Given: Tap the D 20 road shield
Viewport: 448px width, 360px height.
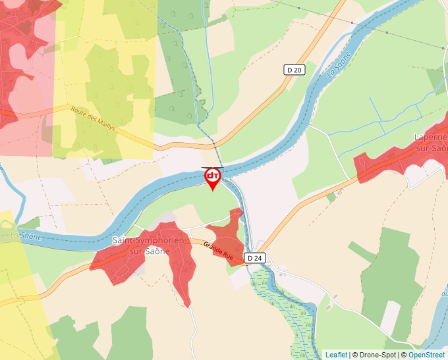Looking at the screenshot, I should tap(294, 70).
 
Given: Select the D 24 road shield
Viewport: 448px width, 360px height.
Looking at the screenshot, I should tap(255, 258).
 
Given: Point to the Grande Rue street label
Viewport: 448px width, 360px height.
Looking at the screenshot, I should tap(218, 249).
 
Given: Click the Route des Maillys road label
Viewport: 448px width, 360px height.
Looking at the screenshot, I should tap(93, 119).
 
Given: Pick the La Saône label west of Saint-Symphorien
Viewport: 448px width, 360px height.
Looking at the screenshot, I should tap(26, 234).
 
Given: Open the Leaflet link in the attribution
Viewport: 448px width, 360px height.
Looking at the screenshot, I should tap(336, 355).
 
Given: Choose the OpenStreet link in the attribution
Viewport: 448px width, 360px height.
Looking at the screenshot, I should tap(426, 355).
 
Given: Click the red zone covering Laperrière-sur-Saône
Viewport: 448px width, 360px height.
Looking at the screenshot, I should tap(395, 155).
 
